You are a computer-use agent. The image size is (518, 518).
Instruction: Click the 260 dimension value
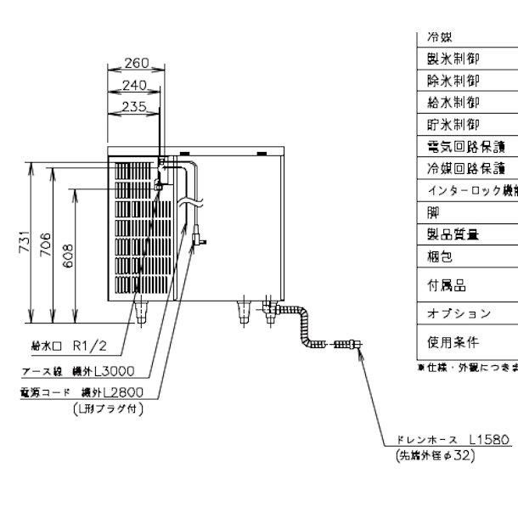click(x=136, y=63)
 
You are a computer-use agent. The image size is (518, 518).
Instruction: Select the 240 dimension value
click(x=135, y=85)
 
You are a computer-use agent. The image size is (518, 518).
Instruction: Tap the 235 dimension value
click(x=133, y=106)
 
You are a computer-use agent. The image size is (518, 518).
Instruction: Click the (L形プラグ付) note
click(x=108, y=408)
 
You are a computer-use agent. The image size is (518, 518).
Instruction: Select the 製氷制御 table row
click(x=454, y=59)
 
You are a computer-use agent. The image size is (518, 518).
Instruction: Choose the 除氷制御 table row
click(x=454, y=81)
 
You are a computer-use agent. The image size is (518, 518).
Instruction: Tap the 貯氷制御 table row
click(x=454, y=125)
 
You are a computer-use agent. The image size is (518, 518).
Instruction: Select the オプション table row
click(x=459, y=313)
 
